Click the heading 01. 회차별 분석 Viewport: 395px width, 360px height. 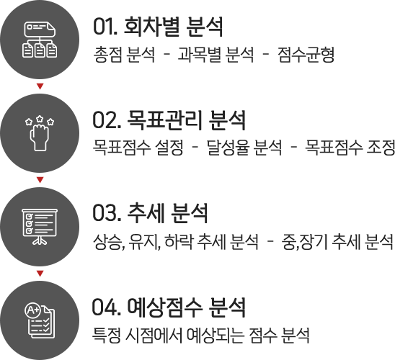tap(158, 27)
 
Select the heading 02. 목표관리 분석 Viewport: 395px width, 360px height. tap(169, 120)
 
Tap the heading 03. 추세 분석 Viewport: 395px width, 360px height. tap(150, 213)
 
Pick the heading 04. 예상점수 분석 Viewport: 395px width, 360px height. tap(169, 307)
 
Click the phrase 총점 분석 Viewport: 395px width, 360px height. tap(124, 54)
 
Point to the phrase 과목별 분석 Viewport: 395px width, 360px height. tap(216, 54)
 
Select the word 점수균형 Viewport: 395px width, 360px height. tap(306, 54)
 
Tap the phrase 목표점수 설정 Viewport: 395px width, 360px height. tap(138, 148)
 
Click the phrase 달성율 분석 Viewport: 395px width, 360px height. tap(244, 148)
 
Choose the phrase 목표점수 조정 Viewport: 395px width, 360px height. tap(350, 148)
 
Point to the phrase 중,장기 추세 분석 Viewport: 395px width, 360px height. tap(337, 242)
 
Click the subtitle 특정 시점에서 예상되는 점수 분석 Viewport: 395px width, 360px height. tap(201, 335)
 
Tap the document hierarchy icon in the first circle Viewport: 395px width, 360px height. tap(40, 40)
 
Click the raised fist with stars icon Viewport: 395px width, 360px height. tap(40, 133)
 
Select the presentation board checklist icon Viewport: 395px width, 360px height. tap(40, 227)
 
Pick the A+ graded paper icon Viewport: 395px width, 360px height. tap(40, 320)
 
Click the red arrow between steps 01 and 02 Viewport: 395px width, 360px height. tap(40, 86)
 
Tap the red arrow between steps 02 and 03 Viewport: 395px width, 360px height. tap(40, 179)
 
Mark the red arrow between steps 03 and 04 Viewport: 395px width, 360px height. tap(40, 273)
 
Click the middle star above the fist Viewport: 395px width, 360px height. tap(40, 119)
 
